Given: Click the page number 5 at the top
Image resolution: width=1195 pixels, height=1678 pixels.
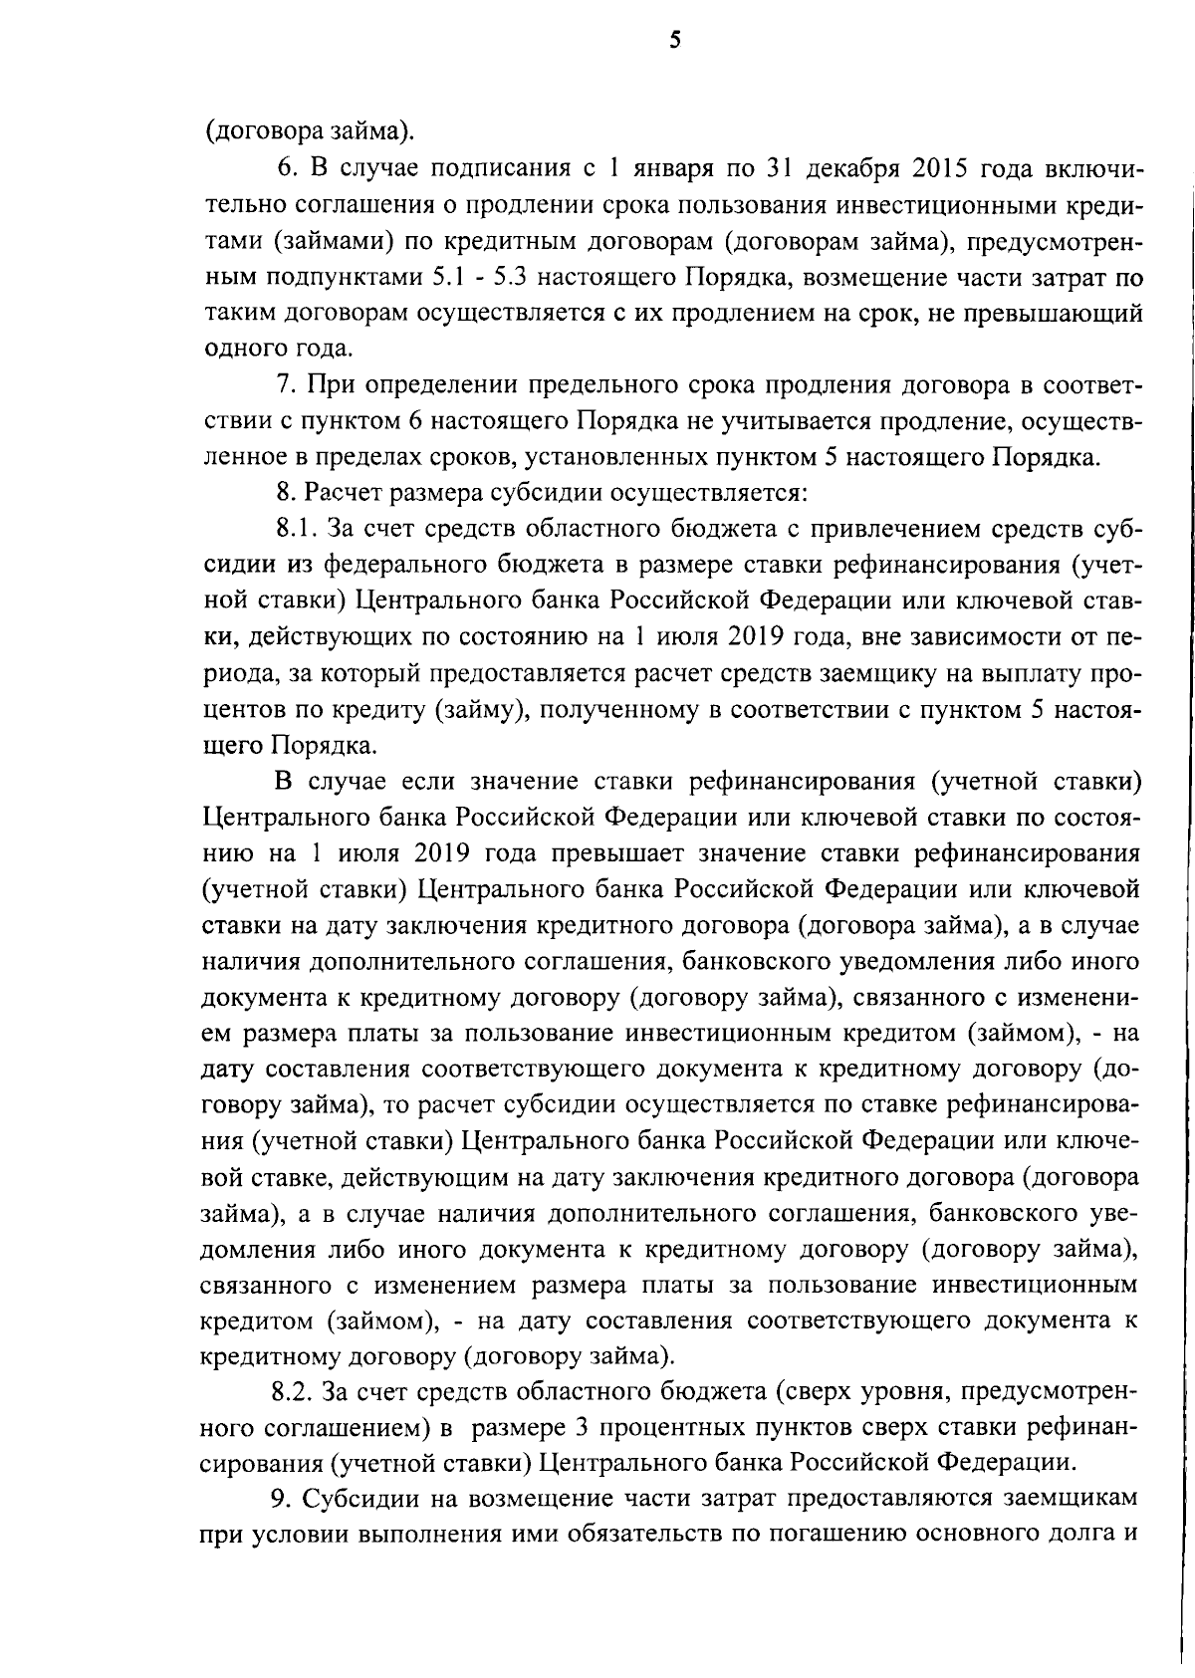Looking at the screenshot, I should click(675, 41).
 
